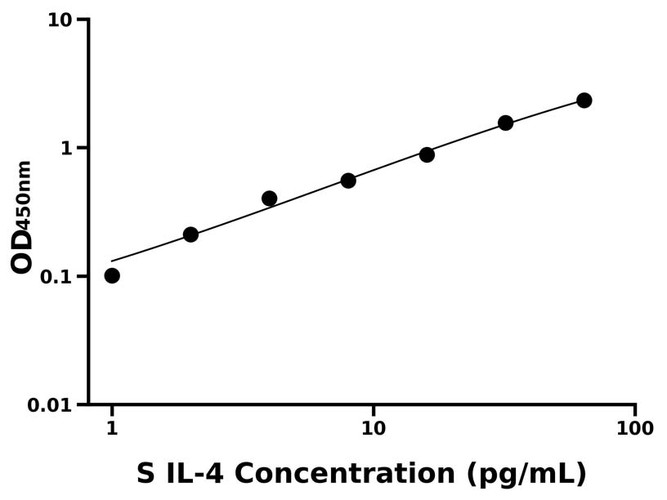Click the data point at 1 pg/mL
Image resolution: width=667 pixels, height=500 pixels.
coord(112,275)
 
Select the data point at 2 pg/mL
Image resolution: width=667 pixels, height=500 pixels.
coord(190,234)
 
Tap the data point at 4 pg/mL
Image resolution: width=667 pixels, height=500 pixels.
coord(269,199)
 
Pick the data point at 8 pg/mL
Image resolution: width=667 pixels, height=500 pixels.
coord(348,181)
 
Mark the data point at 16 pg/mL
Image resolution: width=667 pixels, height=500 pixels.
coord(427,154)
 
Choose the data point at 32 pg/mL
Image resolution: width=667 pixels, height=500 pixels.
coord(505,123)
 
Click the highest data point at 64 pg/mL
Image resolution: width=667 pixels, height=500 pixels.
coord(584,100)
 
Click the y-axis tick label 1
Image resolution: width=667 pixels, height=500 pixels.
coord(67,148)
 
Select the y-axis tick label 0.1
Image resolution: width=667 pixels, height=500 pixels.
coord(56,276)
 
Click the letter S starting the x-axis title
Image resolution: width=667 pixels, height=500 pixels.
coord(145,473)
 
